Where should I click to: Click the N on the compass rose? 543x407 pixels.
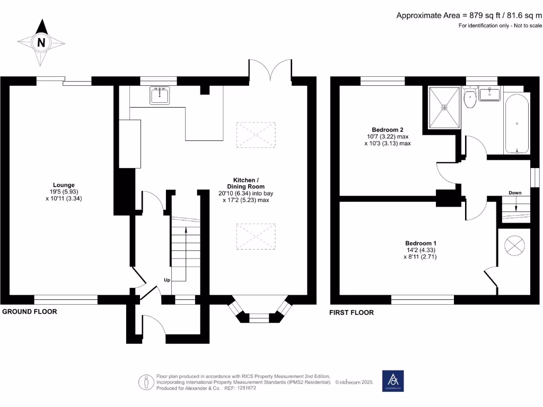click(41, 42)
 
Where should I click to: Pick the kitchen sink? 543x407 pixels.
click(159, 95)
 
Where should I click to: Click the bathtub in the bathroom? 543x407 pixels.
click(516, 124)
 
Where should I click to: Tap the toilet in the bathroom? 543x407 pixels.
click(469, 99)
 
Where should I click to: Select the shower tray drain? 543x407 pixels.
click(444, 108)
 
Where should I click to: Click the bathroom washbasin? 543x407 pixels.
click(488, 94)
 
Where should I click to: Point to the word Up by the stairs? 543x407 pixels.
click(167, 280)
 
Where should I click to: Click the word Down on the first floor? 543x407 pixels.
click(515, 192)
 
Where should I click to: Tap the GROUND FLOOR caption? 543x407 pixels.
click(30, 312)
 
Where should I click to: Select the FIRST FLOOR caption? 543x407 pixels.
click(352, 313)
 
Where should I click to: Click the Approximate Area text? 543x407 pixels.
click(469, 15)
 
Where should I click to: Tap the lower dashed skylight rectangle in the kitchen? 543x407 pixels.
click(256, 236)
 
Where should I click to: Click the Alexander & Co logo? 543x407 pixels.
click(393, 381)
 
